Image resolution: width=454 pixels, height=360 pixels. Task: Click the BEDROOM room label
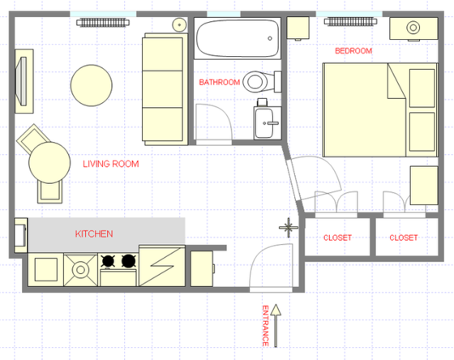[353, 51]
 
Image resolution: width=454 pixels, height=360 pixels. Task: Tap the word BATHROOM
[220, 83]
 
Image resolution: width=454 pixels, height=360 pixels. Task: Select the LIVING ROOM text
[111, 165]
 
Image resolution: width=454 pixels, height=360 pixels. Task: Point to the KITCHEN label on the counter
[94, 234]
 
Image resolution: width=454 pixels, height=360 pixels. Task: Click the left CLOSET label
[337, 238]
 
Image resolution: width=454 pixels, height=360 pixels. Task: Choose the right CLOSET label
[403, 238]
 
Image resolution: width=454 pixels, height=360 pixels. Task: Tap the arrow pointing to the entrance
[276, 319]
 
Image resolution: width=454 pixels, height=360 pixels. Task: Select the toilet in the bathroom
[259, 81]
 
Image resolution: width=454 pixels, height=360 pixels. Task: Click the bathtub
[237, 36]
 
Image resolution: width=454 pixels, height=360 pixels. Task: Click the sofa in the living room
[165, 87]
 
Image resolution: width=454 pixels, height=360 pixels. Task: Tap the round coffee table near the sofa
[91, 85]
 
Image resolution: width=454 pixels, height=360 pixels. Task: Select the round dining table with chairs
[50, 163]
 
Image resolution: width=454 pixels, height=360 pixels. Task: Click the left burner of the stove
[107, 261]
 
